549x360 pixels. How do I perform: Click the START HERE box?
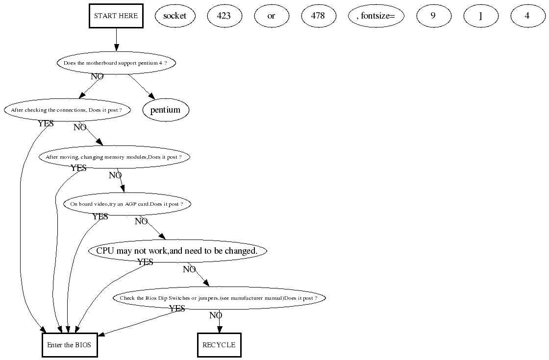pos(116,16)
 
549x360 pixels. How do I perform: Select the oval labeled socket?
pos(175,16)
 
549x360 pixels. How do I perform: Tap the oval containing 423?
pos(224,16)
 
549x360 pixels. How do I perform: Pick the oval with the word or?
pos(271,16)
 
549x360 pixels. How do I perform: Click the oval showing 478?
pos(318,16)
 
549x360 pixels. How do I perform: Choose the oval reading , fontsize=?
pos(376,16)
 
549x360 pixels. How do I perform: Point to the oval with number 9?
pos(433,16)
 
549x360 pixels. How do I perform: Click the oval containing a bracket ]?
pos(480,16)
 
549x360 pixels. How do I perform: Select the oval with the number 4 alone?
pos(527,16)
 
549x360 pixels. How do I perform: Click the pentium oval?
pos(166,110)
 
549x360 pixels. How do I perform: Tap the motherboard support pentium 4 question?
pos(116,63)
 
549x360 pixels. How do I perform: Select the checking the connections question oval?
pos(67,110)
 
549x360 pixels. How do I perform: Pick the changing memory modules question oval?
pos(114,157)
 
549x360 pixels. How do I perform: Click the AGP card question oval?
pos(127,204)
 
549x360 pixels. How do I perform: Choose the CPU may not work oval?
pos(177,251)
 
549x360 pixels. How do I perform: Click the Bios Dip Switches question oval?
pos(219,298)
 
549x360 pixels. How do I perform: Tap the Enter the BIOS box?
pos(69,345)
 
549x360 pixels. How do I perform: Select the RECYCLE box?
pos(219,345)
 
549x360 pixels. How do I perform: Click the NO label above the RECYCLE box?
pos(216,315)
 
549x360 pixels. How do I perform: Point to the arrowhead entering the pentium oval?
pos(152,97)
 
